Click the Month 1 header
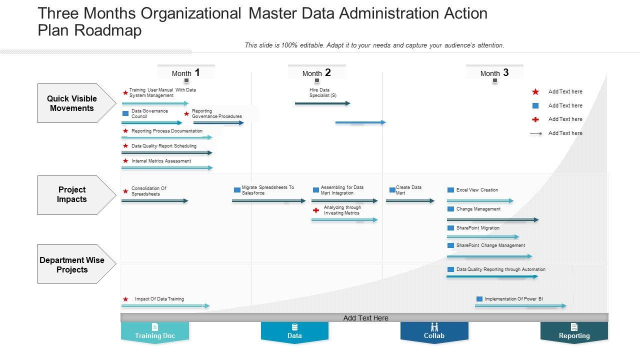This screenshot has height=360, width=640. pyautogui.click(x=186, y=73)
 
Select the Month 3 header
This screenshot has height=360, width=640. pyautogui.click(x=494, y=73)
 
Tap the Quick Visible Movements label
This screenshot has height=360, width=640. pyautogui.click(x=72, y=103)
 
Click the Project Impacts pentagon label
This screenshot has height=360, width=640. pyautogui.click(x=72, y=194)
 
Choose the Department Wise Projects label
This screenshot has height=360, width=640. pyautogui.click(x=72, y=265)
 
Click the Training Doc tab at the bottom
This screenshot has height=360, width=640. pyautogui.click(x=155, y=332)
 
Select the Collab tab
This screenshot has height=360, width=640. pyautogui.click(x=434, y=332)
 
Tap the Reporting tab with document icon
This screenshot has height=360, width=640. pyautogui.click(x=574, y=332)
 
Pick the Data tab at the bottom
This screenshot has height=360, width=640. pyautogui.click(x=294, y=332)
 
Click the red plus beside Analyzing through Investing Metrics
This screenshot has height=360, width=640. pyautogui.click(x=316, y=210)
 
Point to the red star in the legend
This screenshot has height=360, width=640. pyautogui.click(x=535, y=92)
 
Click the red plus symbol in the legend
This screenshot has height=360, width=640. pyautogui.click(x=535, y=119)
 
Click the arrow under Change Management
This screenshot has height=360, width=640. pyautogui.click(x=492, y=219)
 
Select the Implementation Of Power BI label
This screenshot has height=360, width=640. pyautogui.click(x=513, y=299)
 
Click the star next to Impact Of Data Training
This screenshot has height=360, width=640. pyautogui.click(x=125, y=299)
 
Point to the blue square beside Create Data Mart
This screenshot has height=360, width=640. pyautogui.click(x=392, y=190)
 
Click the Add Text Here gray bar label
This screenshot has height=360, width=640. pyautogui.click(x=365, y=318)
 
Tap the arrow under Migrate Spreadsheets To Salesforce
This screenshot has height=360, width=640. pyautogui.click(x=268, y=201)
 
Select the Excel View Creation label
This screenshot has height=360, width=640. pyautogui.click(x=477, y=190)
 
